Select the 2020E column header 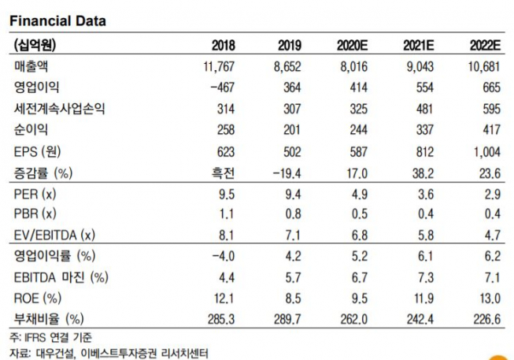[x=350, y=45]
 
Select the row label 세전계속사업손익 [x=60, y=108]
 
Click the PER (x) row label [x=35, y=193]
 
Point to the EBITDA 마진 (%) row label [x=61, y=277]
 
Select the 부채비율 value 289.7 [x=288, y=319]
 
